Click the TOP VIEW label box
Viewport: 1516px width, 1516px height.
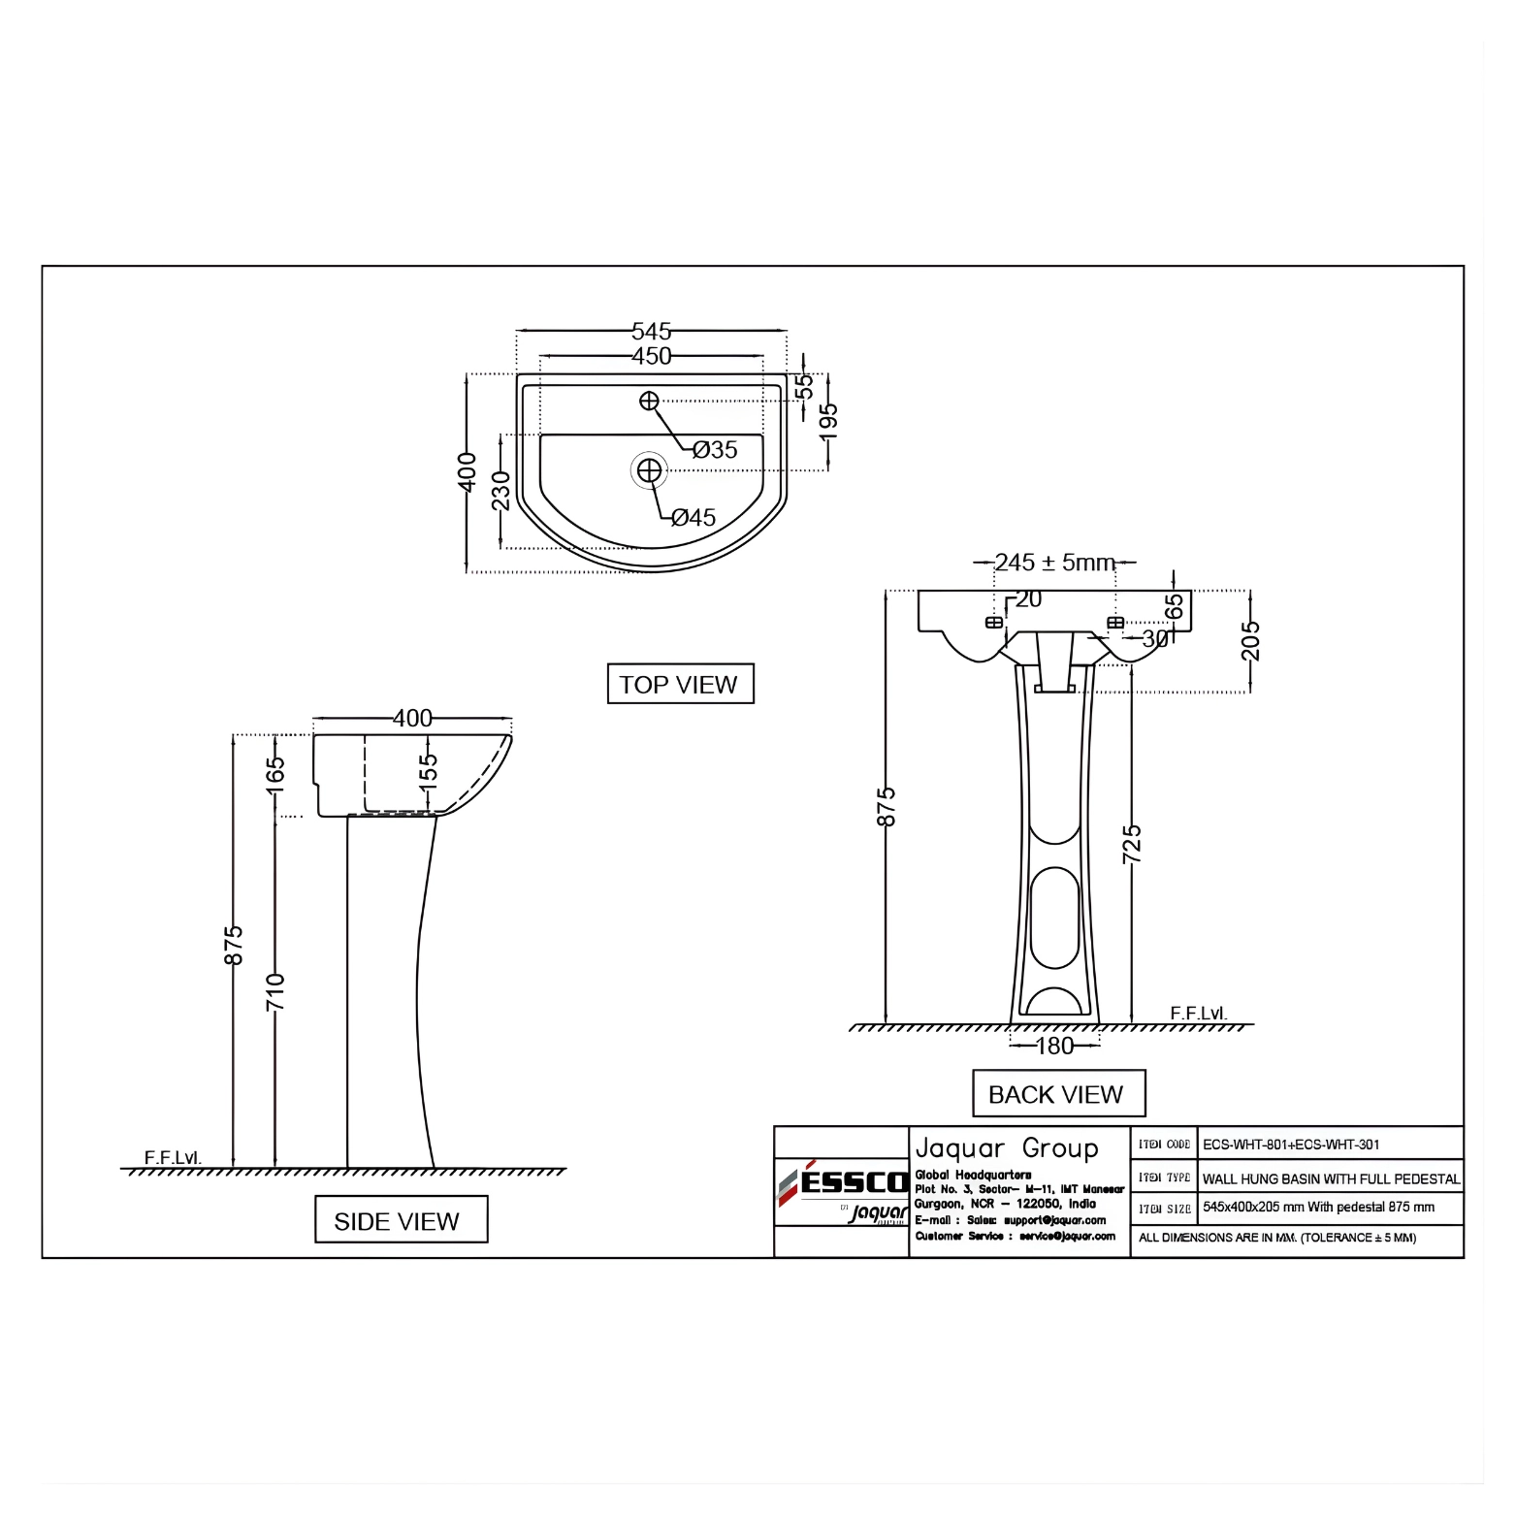[x=679, y=684]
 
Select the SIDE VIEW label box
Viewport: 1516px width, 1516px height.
[x=400, y=1220]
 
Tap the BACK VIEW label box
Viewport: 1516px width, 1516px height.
[x=1057, y=1094]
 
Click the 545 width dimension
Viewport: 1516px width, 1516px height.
[x=651, y=331]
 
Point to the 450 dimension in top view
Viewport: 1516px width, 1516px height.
[x=651, y=356]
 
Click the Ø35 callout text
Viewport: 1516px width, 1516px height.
[x=716, y=449]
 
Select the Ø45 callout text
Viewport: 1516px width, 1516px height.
[x=693, y=517]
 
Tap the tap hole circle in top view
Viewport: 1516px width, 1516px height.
[x=649, y=401]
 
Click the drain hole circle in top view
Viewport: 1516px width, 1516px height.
[x=649, y=470]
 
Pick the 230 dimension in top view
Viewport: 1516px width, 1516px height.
[x=500, y=490]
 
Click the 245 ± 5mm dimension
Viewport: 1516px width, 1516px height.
[x=1054, y=563]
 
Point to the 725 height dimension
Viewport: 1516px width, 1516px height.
[x=1132, y=843]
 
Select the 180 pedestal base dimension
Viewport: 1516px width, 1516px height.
[x=1054, y=1046]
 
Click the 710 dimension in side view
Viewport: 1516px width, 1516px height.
[x=276, y=991]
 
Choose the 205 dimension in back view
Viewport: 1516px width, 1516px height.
[x=1250, y=640]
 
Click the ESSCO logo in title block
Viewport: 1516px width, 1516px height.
[x=842, y=1183]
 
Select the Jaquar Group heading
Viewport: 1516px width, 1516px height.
[x=1006, y=1148]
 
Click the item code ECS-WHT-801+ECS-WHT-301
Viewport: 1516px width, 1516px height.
[x=1290, y=1145]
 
